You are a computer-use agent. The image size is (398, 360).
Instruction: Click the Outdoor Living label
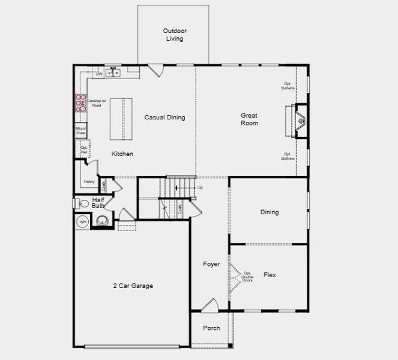[x=175, y=35]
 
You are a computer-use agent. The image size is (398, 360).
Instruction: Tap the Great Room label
[x=250, y=119]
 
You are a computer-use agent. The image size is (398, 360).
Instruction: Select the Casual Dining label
[x=164, y=118]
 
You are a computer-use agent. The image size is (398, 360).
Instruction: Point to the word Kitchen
[x=122, y=154]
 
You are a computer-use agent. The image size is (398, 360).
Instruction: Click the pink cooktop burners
[x=80, y=103]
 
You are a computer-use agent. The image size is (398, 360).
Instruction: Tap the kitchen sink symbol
[x=113, y=73]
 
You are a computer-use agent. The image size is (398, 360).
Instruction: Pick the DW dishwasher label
[x=99, y=74]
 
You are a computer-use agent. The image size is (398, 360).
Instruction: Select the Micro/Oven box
[x=81, y=131]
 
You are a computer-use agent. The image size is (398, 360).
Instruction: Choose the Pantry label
[x=89, y=181]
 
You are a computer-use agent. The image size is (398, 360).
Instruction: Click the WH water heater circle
[x=83, y=222]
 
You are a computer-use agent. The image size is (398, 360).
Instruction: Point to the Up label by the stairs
[x=200, y=188]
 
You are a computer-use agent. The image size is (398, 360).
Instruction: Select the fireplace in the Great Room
[x=300, y=121]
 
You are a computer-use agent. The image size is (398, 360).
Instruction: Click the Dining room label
[x=270, y=212]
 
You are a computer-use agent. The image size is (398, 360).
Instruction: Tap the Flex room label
[x=270, y=275]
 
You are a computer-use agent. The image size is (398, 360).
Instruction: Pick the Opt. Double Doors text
[x=247, y=277]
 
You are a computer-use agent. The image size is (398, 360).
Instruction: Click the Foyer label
[x=211, y=264]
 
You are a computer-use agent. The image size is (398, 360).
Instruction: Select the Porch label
[x=211, y=328]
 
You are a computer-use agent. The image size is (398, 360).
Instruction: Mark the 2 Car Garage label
[x=133, y=286]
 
